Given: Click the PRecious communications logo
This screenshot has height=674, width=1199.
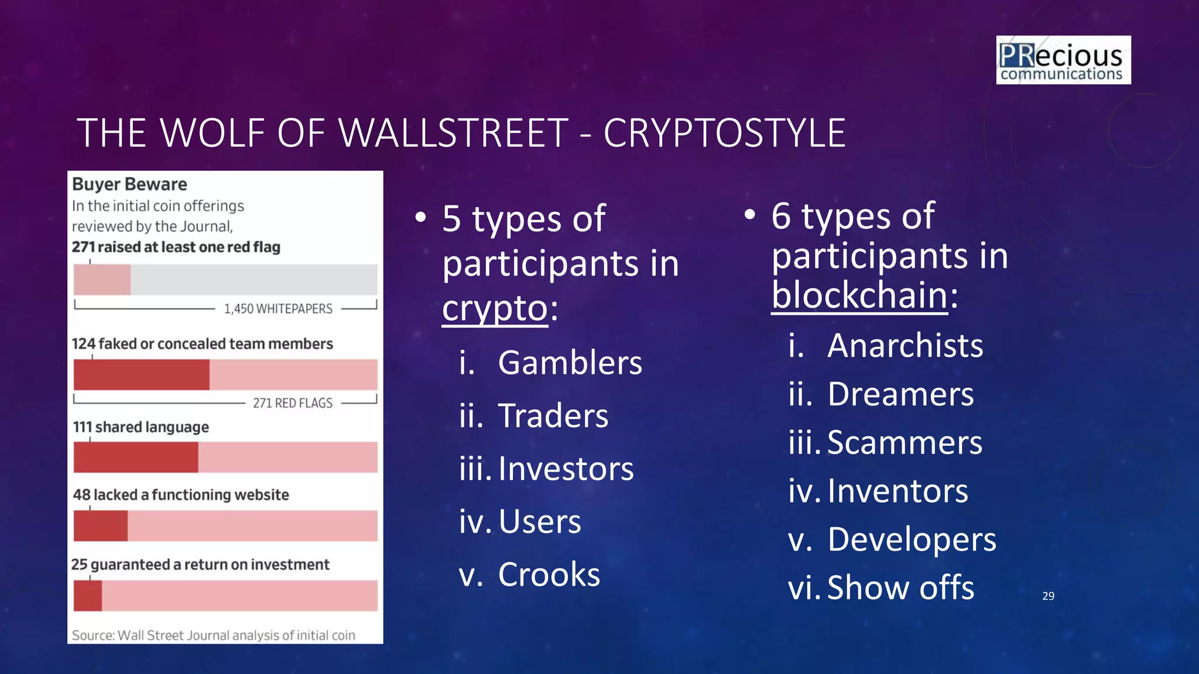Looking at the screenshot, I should [1063, 60].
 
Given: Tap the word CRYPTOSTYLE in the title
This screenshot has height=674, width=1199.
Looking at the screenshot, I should [724, 133].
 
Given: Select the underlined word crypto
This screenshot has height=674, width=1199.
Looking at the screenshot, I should [495, 308].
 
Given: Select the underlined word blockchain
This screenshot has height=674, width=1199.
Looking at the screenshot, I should [859, 295].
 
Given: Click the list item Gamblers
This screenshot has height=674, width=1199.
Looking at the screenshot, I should [570, 363].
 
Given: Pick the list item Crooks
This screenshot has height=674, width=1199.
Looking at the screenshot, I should [549, 575].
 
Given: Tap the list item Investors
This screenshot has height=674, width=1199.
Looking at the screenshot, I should [566, 469].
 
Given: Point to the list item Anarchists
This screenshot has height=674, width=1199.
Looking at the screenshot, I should [905, 346].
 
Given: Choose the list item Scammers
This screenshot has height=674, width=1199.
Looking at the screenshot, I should [905, 443].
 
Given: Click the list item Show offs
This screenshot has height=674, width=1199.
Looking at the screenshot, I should [900, 588].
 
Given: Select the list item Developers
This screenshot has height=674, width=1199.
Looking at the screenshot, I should [912, 539].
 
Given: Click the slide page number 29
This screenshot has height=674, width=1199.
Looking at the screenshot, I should [1048, 596].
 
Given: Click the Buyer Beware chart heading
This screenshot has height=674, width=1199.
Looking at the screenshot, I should [129, 184].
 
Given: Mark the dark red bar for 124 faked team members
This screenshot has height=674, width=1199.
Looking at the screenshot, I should [141, 375].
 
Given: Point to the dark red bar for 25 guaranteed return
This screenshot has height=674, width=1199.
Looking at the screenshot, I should [88, 596].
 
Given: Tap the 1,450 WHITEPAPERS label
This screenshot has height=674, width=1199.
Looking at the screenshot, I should [278, 309].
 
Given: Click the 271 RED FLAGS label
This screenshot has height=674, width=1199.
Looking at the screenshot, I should [292, 403].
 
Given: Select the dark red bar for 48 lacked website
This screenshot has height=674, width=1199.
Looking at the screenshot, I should [100, 525].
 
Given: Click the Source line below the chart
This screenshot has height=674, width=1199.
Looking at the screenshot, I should [213, 635].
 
